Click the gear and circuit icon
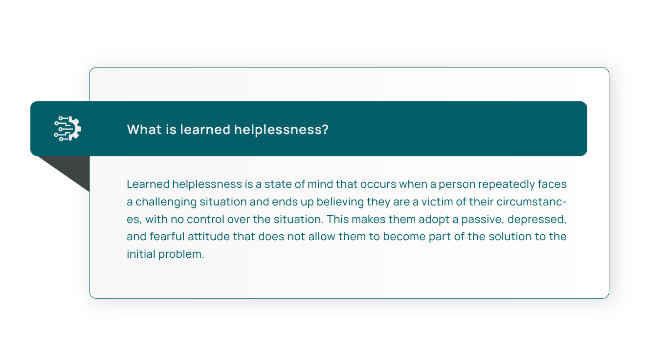pyautogui.click(x=67, y=129)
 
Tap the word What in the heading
pyautogui.click(x=145, y=130)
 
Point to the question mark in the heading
pyautogui.click(x=325, y=130)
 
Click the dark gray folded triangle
pyautogui.click(x=72, y=170)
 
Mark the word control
pyautogui.click(x=205, y=219)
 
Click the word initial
pyautogui.click(x=141, y=254)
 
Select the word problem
pyautogui.click(x=181, y=254)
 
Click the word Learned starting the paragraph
pyautogui.click(x=148, y=184)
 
